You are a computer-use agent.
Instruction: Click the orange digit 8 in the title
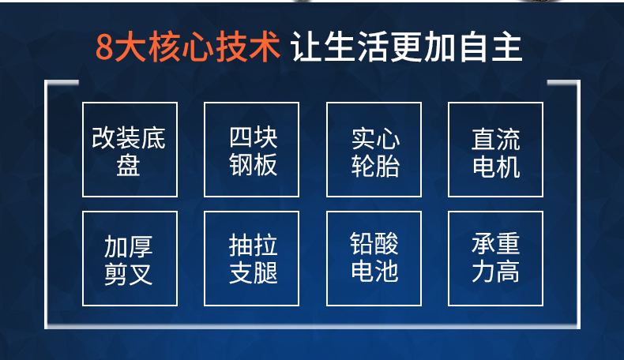[x=105, y=47]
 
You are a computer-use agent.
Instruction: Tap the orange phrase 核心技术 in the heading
[x=215, y=47]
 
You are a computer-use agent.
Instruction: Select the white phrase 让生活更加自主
[x=407, y=47]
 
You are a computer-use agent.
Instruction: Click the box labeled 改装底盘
[x=130, y=149]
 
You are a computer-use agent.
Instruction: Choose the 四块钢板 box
[x=251, y=149]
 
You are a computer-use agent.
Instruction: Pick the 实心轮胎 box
[x=374, y=149]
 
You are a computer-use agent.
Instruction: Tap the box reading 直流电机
[x=495, y=149]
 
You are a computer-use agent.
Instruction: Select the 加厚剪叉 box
[x=130, y=259]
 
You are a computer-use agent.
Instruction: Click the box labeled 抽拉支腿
[x=251, y=259]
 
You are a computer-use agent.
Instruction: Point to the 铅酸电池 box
[x=374, y=259]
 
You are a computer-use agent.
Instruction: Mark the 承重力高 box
[x=495, y=259]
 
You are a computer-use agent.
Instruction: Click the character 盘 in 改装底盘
[x=128, y=165]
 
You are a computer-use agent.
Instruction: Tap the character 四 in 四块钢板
[x=241, y=137]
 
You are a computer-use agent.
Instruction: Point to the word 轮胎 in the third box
[x=375, y=166]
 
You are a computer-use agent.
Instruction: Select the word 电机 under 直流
[x=496, y=167]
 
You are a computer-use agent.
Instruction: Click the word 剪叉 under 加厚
[x=128, y=274]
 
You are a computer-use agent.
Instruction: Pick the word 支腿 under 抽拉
[x=253, y=273]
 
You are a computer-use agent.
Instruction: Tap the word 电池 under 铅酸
[x=374, y=271]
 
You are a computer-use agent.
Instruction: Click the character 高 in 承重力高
[x=508, y=272]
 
